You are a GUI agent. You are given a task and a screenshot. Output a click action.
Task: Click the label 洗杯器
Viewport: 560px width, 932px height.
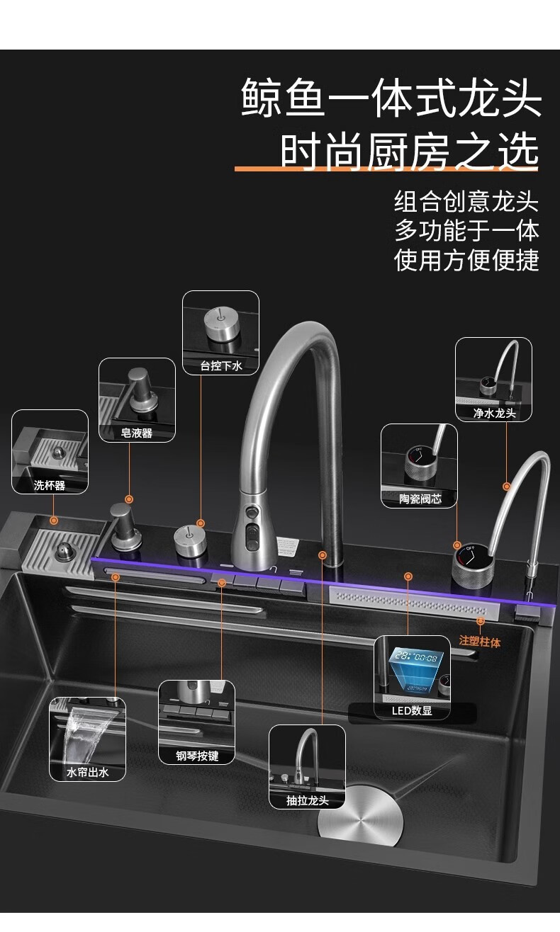click(50, 485)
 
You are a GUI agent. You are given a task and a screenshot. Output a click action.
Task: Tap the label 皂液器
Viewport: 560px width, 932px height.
click(137, 433)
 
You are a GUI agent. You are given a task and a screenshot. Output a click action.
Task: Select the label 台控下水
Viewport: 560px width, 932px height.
click(220, 366)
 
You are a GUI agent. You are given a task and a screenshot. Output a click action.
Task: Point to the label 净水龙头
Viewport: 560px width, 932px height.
click(494, 413)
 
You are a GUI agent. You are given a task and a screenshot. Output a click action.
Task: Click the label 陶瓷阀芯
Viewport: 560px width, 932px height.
click(420, 499)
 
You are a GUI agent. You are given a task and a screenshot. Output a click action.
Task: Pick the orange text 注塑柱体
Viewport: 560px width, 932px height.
click(480, 642)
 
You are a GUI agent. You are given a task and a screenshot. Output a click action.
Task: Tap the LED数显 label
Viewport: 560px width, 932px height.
click(412, 710)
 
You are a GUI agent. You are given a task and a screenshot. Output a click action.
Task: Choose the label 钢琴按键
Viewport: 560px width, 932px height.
click(197, 756)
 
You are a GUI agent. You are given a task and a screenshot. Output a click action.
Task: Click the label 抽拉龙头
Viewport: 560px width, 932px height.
click(307, 800)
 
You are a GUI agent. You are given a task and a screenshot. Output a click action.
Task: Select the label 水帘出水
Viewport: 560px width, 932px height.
click(87, 773)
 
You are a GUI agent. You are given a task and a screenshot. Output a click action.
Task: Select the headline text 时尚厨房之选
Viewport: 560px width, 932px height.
click(409, 151)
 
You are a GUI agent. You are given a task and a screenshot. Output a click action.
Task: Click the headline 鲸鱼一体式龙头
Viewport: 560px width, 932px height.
click(391, 97)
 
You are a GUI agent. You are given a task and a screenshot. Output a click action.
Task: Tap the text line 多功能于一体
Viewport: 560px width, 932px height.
click(466, 231)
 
